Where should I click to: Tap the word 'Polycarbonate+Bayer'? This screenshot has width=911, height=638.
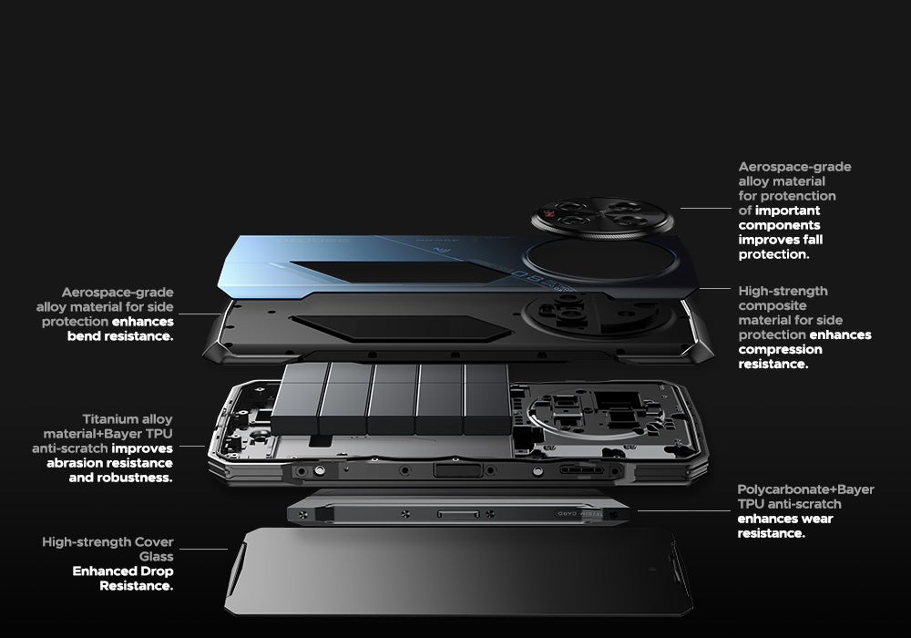click(x=806, y=489)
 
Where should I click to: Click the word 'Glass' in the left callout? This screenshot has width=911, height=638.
click(x=156, y=557)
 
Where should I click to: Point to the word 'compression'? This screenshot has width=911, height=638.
click(x=781, y=349)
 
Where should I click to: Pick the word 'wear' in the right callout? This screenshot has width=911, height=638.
click(x=817, y=519)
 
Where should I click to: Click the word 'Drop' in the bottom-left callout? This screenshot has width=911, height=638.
click(x=157, y=571)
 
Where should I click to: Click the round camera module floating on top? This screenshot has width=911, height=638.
click(x=602, y=219)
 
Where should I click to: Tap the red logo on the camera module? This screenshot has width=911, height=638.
click(x=549, y=214)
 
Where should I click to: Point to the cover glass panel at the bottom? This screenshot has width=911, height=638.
click(x=459, y=571)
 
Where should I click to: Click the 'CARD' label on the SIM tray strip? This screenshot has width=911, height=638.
click(x=566, y=514)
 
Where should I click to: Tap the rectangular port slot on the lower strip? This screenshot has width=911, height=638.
click(x=458, y=514)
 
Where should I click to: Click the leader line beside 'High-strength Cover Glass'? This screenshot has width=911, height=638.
click(x=203, y=549)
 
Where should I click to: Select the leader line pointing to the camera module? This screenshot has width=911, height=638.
click(x=705, y=208)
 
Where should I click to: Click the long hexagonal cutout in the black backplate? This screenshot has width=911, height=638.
click(x=401, y=328)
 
